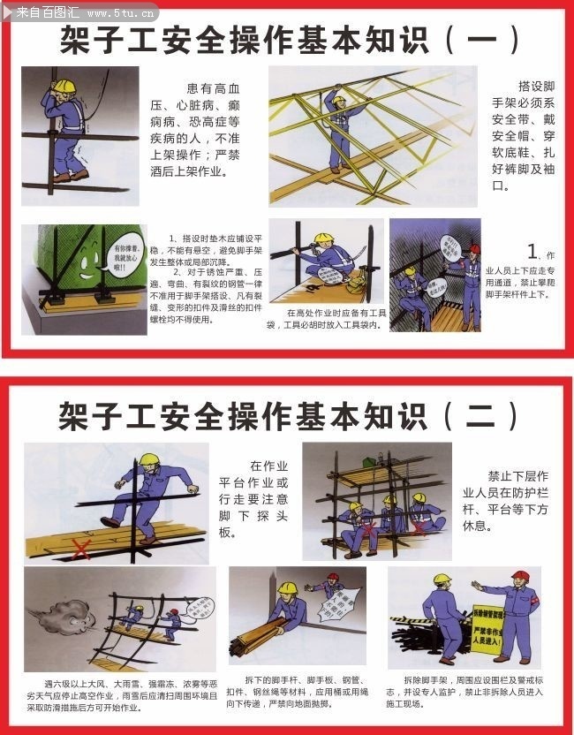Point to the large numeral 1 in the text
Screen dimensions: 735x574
tap(532, 251)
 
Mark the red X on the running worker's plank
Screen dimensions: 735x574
tap(81, 549)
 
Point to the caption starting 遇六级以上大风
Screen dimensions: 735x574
tap(119, 695)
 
